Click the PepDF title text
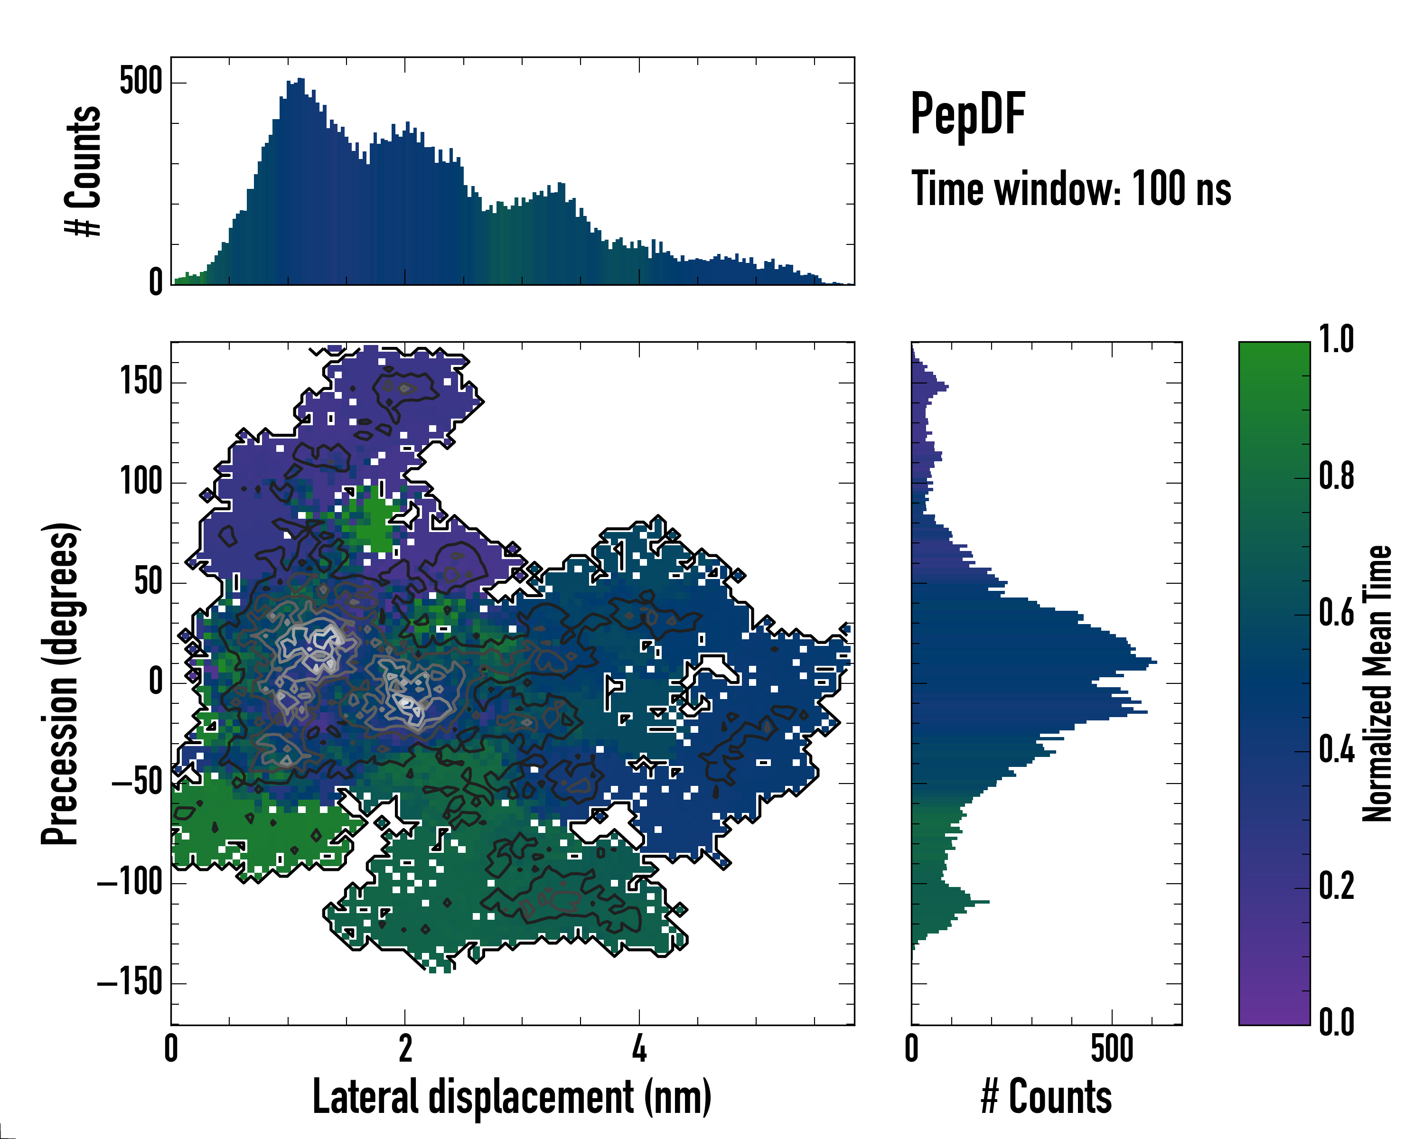tap(967, 113)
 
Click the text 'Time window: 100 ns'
tap(1071, 189)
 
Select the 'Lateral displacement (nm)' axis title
tap(512, 1097)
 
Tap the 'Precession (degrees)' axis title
tap(61, 683)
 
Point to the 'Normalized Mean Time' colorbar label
tap(1377, 683)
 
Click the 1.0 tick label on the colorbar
tap(1336, 339)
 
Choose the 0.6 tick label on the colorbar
tap(1336, 613)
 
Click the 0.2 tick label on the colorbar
tap(1336, 886)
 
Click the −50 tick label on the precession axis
tap(137, 783)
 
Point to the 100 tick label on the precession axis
tap(141, 481)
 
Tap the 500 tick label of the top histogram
tap(141, 82)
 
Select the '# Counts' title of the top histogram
tap(83, 170)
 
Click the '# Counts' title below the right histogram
tap(1046, 1097)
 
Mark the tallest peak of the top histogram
tap(300, 80)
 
